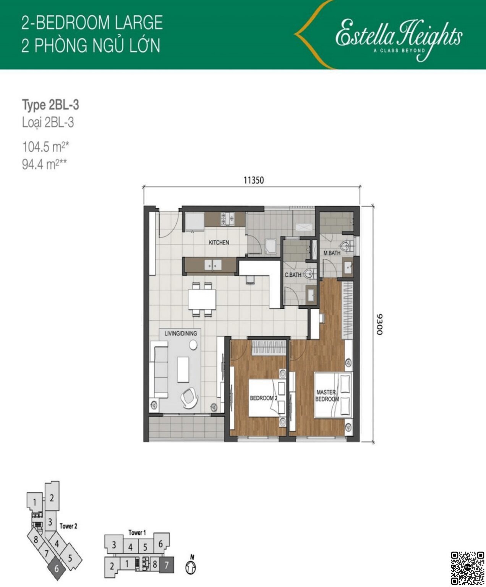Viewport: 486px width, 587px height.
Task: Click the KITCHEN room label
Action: tap(219, 242)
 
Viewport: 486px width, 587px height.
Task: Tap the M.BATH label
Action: tap(332, 253)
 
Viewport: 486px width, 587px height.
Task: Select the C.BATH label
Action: tap(293, 274)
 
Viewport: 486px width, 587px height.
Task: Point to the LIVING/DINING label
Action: tap(181, 333)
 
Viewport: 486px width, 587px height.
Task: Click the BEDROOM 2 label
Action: tap(263, 398)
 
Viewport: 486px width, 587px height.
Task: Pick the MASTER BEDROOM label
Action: tap(327, 396)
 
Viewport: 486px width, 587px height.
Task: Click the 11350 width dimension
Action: tap(254, 180)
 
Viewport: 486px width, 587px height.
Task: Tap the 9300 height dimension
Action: tap(379, 324)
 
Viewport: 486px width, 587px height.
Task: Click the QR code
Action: tap(467, 568)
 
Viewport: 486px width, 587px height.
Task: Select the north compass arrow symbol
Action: tap(191, 566)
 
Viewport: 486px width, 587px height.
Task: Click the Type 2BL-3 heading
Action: tap(50, 105)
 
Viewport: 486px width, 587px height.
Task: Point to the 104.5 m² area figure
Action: tap(45, 146)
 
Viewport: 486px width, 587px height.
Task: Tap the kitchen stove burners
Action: tap(227, 219)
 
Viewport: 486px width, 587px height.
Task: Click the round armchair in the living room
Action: tap(190, 396)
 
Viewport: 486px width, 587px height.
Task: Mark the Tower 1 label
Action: tap(137, 532)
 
